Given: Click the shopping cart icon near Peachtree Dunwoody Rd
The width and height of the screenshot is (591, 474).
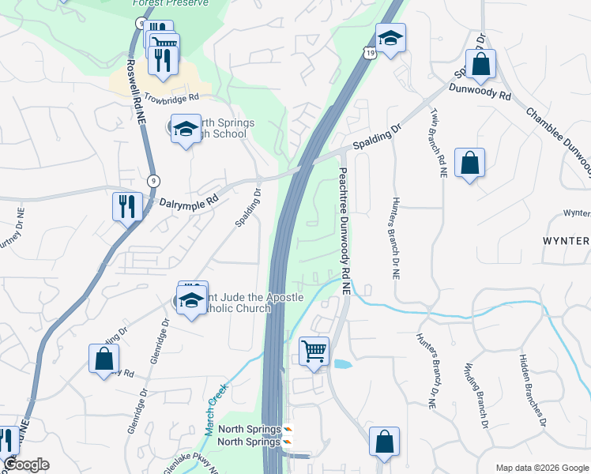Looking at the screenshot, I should (x=314, y=351).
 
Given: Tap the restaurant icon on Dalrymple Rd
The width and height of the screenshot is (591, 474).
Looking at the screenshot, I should (x=126, y=207).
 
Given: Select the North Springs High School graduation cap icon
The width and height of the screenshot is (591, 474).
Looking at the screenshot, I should (x=184, y=129).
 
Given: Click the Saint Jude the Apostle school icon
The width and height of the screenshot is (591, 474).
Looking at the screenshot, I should (x=191, y=300).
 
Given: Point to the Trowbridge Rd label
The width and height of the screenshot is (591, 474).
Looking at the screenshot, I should (x=171, y=97).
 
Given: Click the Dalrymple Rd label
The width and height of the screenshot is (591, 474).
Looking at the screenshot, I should (x=188, y=203).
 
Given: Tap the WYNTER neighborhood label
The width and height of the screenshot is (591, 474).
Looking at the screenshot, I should (x=565, y=239).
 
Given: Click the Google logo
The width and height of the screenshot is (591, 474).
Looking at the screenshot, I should (x=26, y=465).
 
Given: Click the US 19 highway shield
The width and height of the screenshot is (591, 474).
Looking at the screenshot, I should (x=370, y=52).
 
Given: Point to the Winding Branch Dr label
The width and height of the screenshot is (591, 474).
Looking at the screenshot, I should (x=480, y=392).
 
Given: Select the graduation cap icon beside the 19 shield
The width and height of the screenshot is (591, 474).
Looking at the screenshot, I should (x=390, y=39).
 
